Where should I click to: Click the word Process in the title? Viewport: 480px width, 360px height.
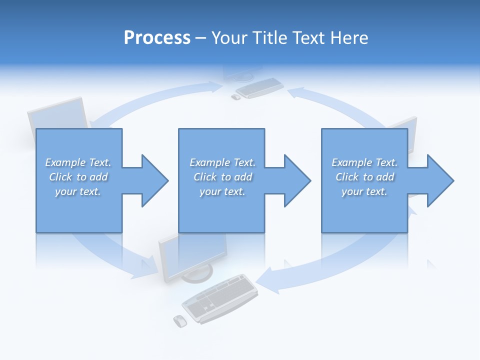(157, 38)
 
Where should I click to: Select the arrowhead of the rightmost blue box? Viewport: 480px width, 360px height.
(438, 180)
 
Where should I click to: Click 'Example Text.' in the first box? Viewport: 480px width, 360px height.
(78, 162)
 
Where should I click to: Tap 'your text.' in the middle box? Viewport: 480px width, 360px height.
(222, 191)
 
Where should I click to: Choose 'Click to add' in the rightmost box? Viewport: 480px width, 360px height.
(364, 177)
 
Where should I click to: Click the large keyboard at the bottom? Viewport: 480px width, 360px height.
(220, 298)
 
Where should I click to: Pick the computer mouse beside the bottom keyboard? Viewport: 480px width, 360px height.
(179, 320)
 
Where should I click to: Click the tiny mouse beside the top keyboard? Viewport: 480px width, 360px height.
(235, 97)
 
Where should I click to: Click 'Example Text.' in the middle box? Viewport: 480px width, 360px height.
(222, 162)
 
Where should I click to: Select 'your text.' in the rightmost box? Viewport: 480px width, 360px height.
(364, 191)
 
